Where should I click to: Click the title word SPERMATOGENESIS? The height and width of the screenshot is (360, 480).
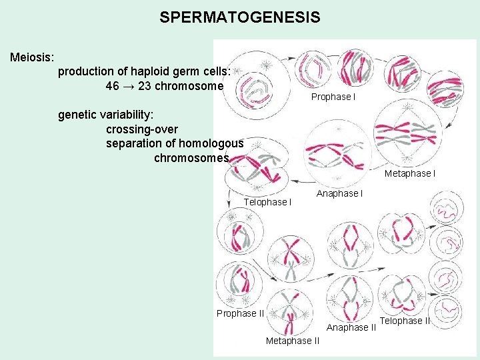(x=240, y=17)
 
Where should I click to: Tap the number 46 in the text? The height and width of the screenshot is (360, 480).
(x=113, y=86)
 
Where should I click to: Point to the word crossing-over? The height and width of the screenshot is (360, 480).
(x=142, y=129)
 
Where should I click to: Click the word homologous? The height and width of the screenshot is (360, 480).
(x=212, y=143)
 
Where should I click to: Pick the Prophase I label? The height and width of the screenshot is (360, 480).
(x=333, y=97)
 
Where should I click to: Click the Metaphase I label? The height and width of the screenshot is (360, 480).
(x=410, y=173)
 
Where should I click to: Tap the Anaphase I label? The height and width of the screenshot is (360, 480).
(x=339, y=193)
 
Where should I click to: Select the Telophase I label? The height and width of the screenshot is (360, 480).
(x=268, y=201)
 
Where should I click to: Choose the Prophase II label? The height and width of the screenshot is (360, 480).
(x=241, y=313)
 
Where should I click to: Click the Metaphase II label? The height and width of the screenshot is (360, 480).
(x=292, y=341)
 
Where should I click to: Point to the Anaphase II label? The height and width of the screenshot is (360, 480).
(x=351, y=327)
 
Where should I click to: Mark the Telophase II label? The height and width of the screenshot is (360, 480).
(x=405, y=321)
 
